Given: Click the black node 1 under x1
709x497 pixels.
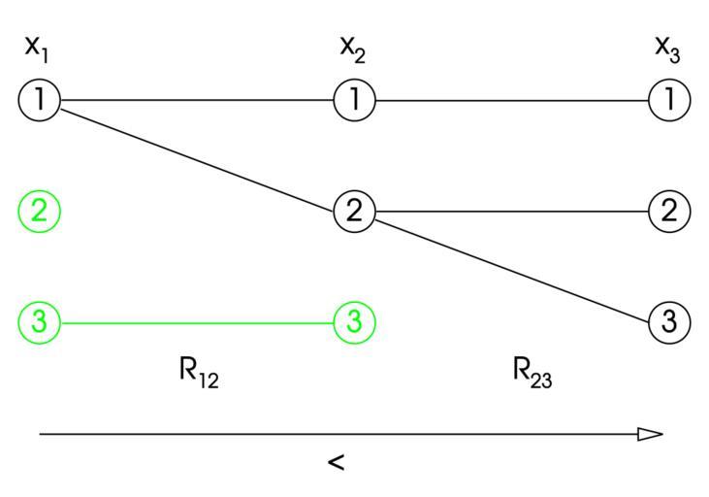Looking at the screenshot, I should point(40,99).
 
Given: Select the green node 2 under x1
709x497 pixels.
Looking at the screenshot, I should point(40,211).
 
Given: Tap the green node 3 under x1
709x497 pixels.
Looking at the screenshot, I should point(40,321).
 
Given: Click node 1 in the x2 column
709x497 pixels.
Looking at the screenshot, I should point(354,99).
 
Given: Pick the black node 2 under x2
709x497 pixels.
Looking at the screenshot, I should point(354,211).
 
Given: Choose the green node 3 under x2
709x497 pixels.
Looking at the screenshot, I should point(354,321).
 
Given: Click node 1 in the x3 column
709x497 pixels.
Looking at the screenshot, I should point(668,99).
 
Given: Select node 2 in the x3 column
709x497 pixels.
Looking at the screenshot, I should point(668,211).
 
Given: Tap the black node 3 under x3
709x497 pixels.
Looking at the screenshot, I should point(668,321).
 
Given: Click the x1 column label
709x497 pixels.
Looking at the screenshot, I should point(37,48).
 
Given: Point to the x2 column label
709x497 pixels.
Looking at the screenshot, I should point(351,48).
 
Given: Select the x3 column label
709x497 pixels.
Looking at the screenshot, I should point(666,48).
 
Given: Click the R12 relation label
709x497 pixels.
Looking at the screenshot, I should point(199,373).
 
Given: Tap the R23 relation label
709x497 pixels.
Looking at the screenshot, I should point(532,373).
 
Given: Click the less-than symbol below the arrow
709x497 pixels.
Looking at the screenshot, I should point(336,464).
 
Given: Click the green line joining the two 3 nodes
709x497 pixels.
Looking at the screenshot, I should point(197,321).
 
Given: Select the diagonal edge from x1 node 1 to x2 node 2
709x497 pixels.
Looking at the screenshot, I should point(197,155).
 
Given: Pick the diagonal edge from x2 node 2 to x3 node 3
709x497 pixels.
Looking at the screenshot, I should point(511,266).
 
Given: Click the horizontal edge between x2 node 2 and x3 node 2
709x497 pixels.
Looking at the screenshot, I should point(511,211).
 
